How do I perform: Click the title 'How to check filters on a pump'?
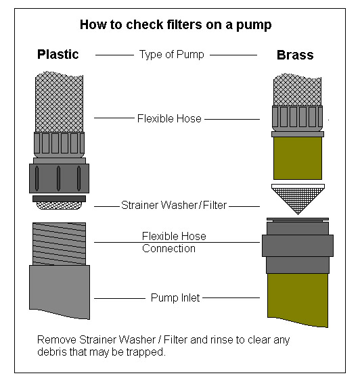(176, 25)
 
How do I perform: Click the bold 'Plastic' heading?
(58, 54)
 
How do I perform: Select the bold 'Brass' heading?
(295, 55)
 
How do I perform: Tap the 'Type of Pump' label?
(171, 54)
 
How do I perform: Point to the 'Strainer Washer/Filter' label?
(174, 205)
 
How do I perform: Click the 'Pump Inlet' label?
(175, 297)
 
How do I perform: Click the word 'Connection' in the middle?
(168, 249)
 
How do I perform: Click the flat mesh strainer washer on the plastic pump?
(59, 206)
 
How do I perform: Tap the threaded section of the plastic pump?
(59, 243)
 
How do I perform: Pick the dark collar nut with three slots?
(59, 178)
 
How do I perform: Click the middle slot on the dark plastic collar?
(59, 178)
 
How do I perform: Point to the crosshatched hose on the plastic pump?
(60, 102)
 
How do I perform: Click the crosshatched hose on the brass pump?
(297, 90)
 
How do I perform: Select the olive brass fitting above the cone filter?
(298, 158)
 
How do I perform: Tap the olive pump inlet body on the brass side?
(298, 300)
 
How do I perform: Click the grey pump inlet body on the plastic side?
(60, 291)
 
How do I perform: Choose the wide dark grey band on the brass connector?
(298, 245)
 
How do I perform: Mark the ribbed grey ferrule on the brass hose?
(297, 118)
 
